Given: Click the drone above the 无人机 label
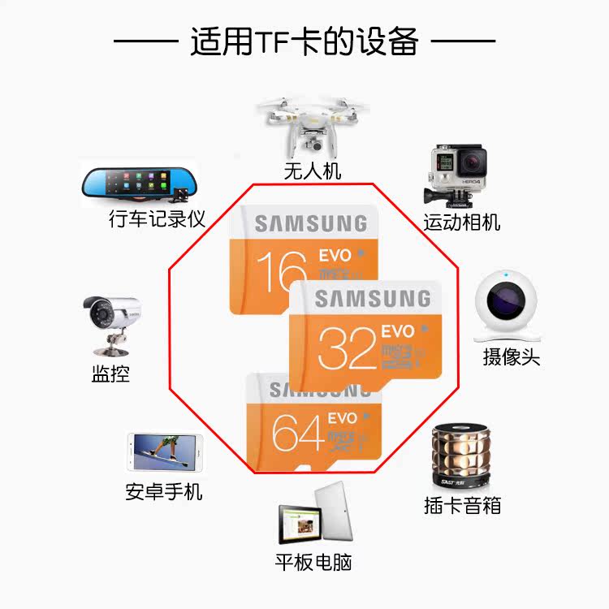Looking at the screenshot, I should (x=312, y=126).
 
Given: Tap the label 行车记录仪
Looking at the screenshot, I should (x=157, y=219).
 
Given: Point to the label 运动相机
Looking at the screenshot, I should (x=461, y=222).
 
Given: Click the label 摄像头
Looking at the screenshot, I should (x=512, y=356).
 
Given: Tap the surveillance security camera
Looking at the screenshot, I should (x=111, y=322).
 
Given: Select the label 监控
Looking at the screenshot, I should (x=110, y=374).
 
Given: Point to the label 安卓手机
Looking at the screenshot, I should (x=164, y=491).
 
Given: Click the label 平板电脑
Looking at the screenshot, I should (x=313, y=562).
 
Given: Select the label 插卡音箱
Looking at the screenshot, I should (x=462, y=505).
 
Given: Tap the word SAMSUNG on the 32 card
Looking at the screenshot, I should (x=373, y=299).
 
